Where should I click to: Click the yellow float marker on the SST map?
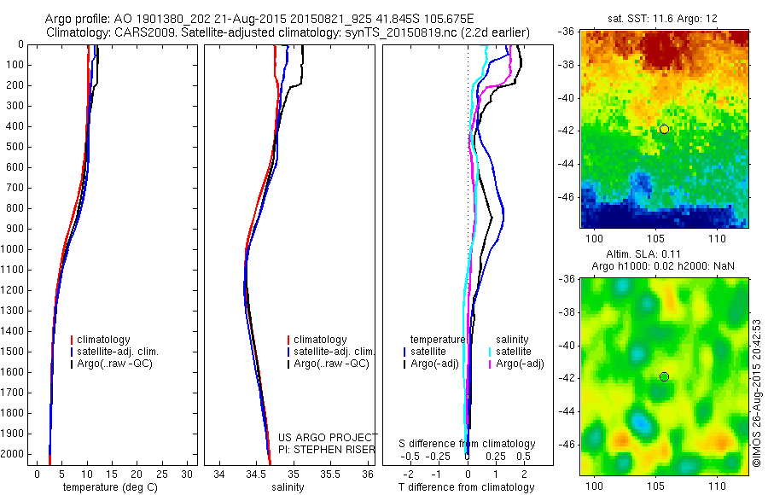(x=664, y=129)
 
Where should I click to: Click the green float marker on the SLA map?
(x=664, y=376)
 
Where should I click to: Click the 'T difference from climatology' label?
(x=467, y=487)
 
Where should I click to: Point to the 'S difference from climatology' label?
(x=467, y=444)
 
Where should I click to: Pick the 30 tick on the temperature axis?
(x=187, y=473)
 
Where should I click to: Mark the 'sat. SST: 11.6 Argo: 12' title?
(x=665, y=17)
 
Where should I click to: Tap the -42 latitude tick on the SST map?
(x=566, y=130)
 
